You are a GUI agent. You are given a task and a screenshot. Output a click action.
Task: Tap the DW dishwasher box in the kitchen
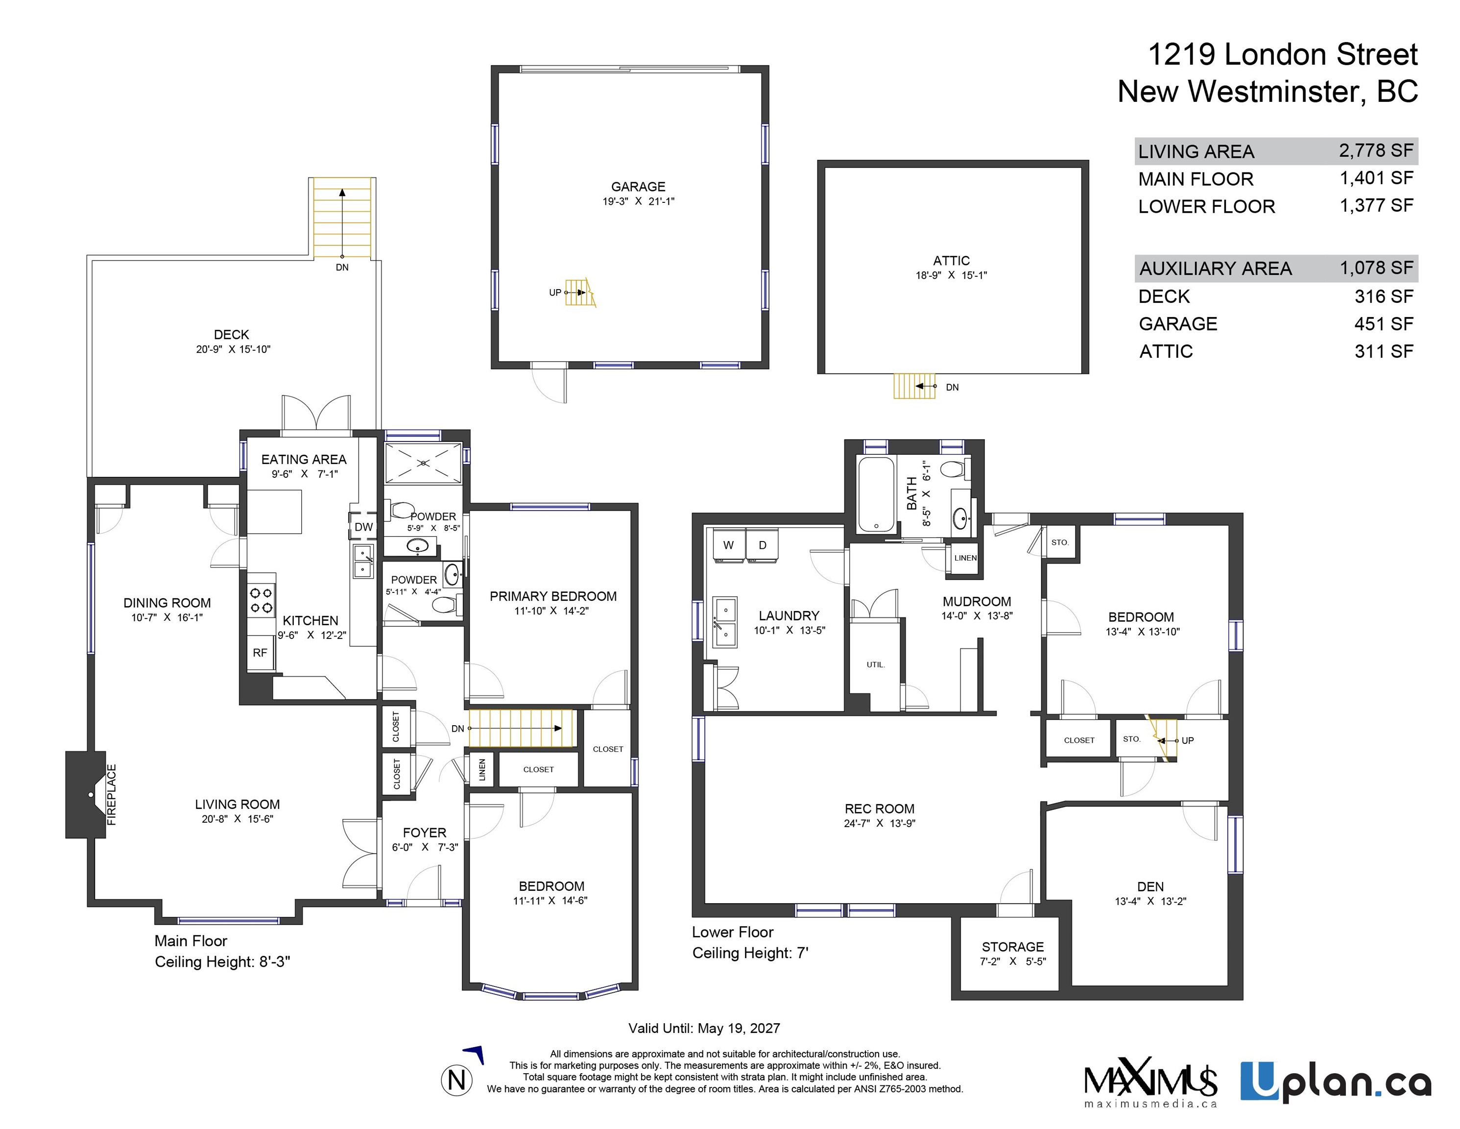coord(363,526)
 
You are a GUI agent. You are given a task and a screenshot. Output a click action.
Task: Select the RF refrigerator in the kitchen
coord(260,652)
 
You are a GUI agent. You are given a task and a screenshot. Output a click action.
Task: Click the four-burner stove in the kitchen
coord(262,599)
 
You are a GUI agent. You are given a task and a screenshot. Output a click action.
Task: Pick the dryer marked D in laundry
coord(762,545)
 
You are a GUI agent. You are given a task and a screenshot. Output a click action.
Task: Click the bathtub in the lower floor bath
coord(876,495)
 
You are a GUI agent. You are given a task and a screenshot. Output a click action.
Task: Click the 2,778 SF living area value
coord(1376,150)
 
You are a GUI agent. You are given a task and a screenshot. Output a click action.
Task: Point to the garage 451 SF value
coord(1384,324)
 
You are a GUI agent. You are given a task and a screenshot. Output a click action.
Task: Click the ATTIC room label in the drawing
coord(951,261)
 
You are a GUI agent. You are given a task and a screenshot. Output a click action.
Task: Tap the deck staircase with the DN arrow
coord(342,218)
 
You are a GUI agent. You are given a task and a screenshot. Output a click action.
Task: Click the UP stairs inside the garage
coord(579,292)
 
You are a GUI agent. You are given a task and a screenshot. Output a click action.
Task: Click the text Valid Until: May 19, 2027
coord(704,1028)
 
